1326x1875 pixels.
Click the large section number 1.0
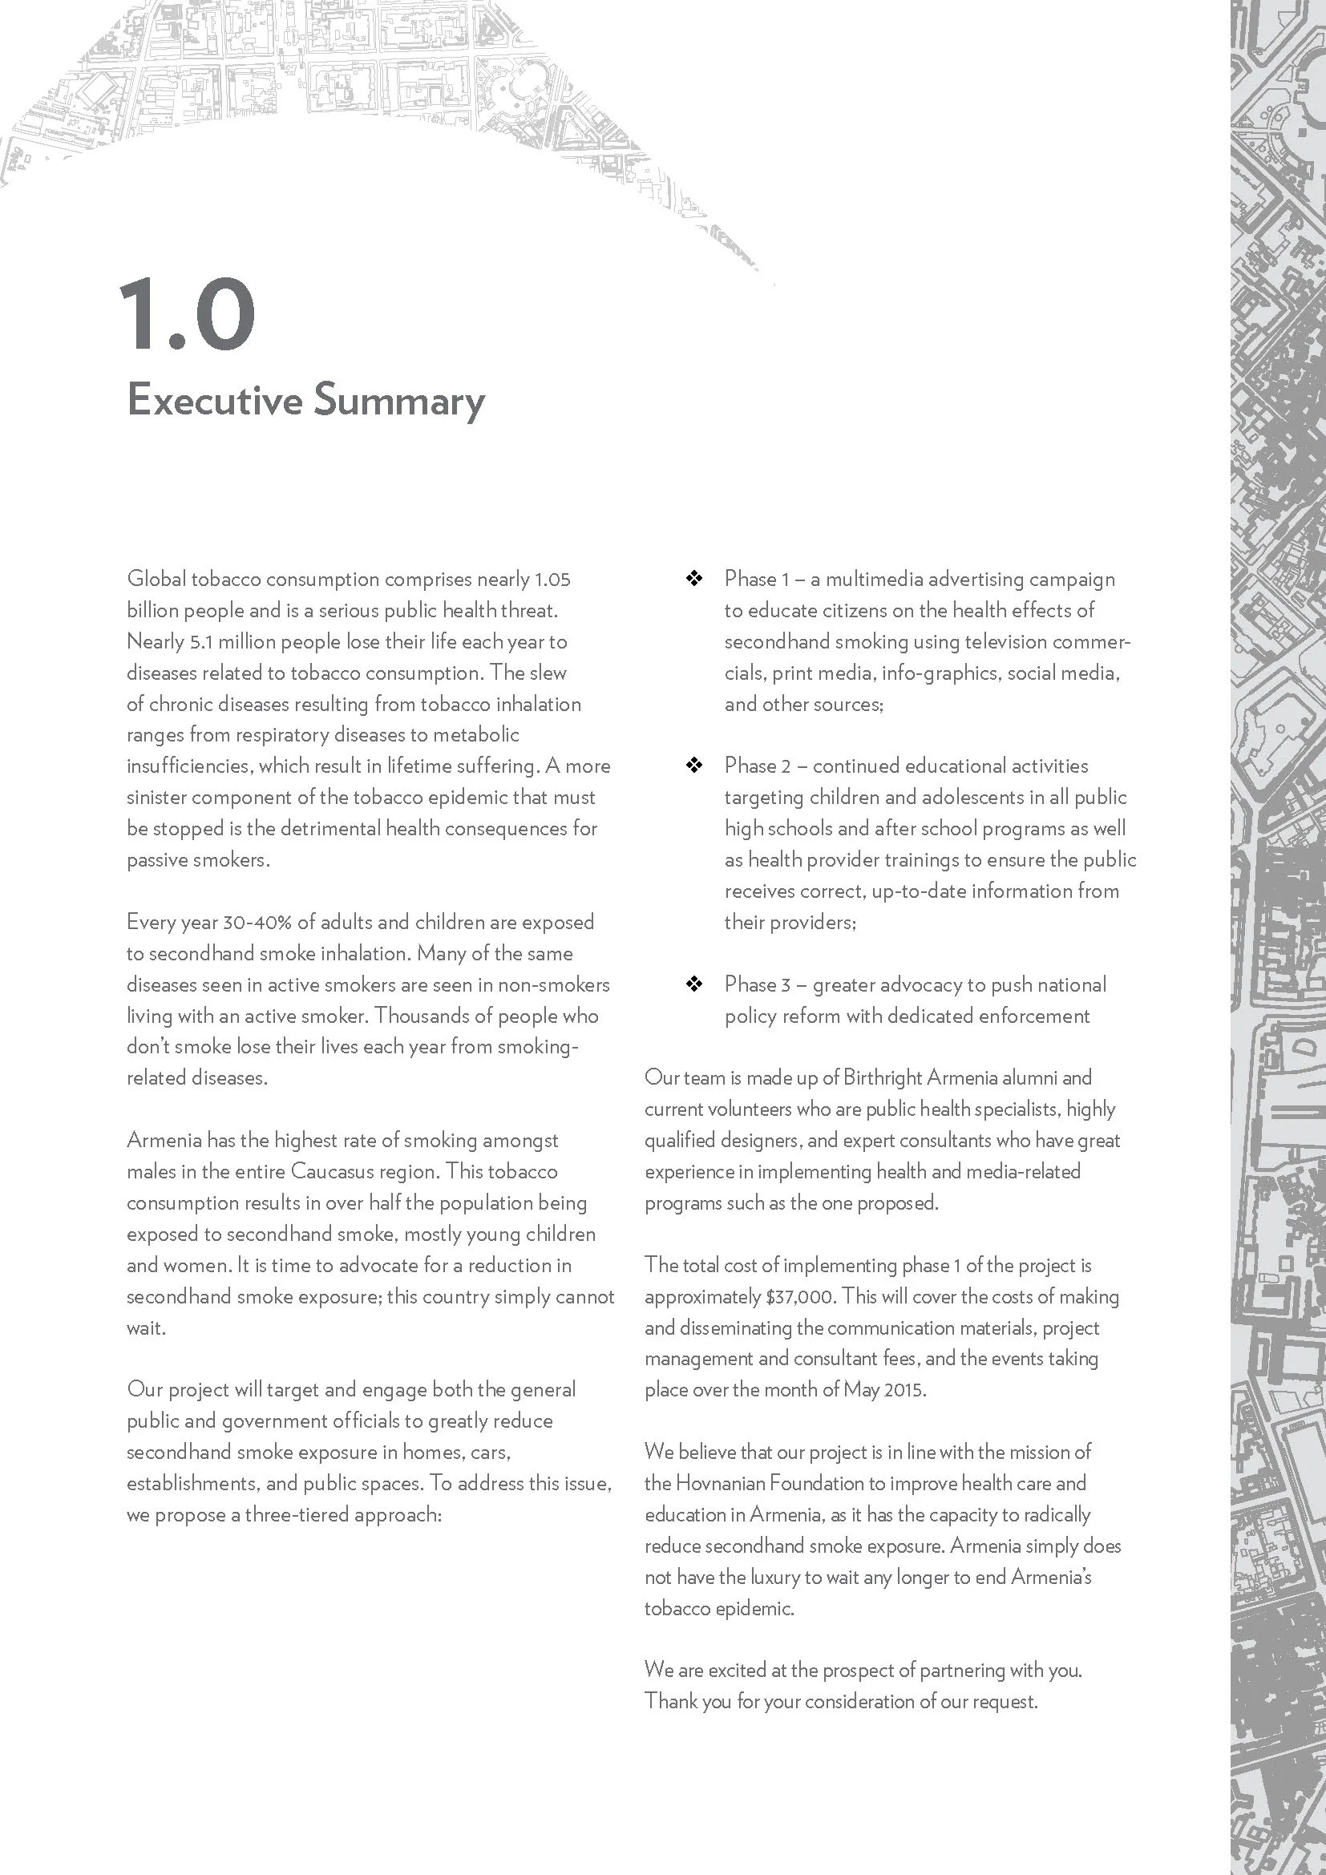187,314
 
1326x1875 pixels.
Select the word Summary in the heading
399,402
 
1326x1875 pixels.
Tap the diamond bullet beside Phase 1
694,579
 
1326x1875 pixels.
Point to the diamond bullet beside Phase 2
694,766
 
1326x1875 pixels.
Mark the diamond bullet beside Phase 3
694,984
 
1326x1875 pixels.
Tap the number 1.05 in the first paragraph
552,579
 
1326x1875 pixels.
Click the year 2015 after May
904,1390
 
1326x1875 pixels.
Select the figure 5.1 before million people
201,642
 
